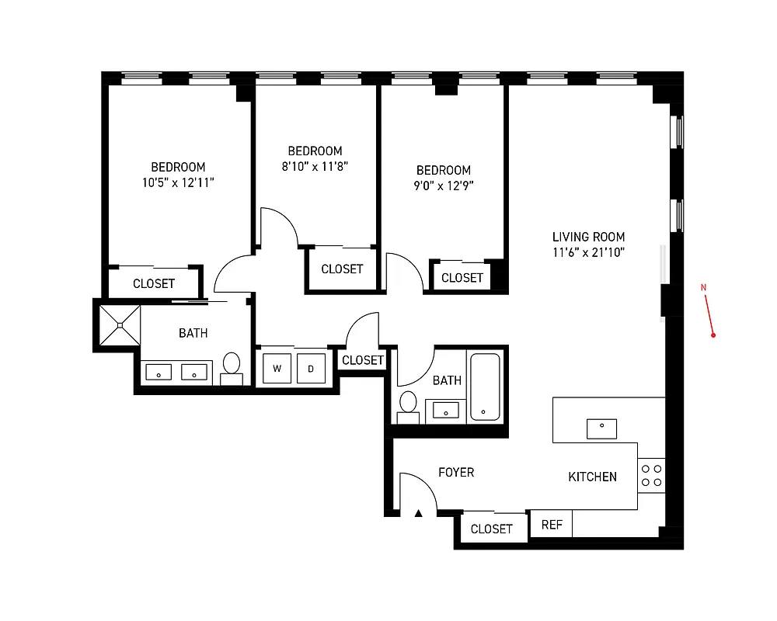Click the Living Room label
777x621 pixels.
(x=588, y=237)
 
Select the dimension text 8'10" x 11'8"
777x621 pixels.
(x=314, y=166)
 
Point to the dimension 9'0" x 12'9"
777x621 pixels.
(x=443, y=186)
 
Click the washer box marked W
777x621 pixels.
(x=277, y=368)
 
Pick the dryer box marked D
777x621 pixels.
(x=311, y=368)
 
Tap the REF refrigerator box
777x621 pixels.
(x=552, y=525)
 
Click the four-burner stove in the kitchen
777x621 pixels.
(x=652, y=475)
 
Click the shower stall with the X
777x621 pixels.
(x=120, y=326)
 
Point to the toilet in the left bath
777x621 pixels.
(x=232, y=366)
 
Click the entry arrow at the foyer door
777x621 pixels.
(x=418, y=512)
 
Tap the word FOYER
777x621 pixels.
(x=456, y=472)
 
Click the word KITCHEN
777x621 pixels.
(x=592, y=477)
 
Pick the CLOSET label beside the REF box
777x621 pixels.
(x=492, y=529)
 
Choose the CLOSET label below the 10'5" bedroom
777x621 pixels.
(x=154, y=283)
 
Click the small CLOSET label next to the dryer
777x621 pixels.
(x=363, y=360)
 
